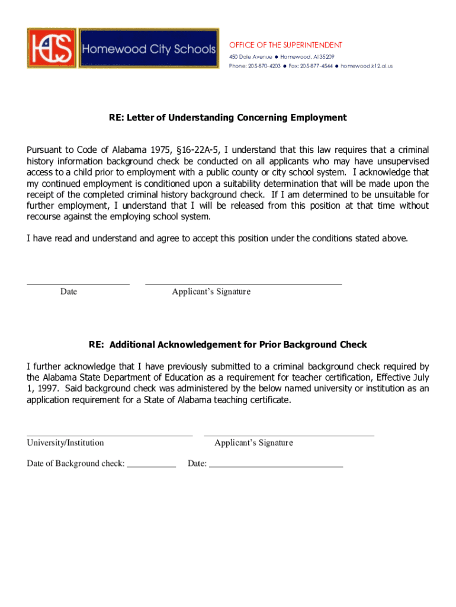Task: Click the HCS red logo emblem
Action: click(x=52, y=47)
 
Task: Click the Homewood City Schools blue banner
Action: click(x=149, y=48)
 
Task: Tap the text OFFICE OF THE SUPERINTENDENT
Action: click(x=285, y=45)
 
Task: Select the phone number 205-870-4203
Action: click(x=264, y=66)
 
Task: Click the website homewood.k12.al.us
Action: click(x=367, y=66)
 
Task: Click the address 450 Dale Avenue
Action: click(x=251, y=56)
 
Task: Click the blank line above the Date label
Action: click(x=78, y=284)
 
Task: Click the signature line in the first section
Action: click(x=243, y=284)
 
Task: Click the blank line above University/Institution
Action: click(x=110, y=435)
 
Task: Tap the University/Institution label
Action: click(x=65, y=443)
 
